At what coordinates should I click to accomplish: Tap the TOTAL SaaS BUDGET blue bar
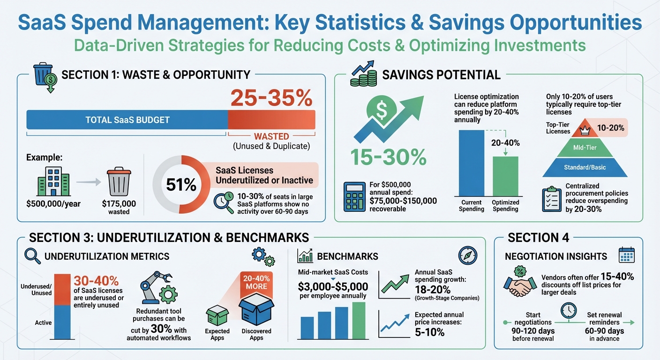coord(127,120)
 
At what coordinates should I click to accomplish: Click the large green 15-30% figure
coord(387,157)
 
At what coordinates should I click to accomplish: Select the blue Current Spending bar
coord(471,163)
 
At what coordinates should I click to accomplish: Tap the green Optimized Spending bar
coord(505,176)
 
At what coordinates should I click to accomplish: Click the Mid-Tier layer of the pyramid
coord(585,147)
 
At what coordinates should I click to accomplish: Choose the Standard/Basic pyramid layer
coord(585,167)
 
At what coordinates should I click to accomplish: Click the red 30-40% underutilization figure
coord(96,281)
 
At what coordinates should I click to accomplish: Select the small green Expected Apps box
coord(217,315)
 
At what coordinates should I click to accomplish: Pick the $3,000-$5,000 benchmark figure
coord(333,286)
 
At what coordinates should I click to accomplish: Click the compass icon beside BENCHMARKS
coord(467,255)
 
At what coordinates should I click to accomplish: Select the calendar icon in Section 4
coord(626,255)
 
